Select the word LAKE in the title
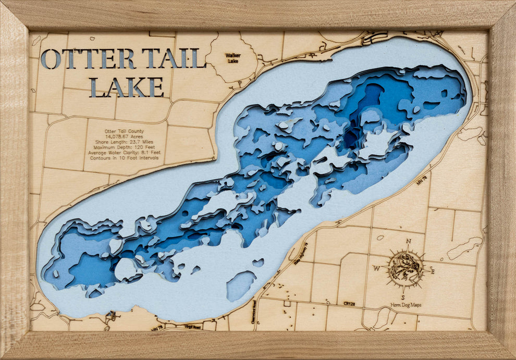127,87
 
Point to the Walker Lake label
234,58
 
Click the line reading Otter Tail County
124,131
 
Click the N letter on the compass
408,241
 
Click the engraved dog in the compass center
405,267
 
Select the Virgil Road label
192,327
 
